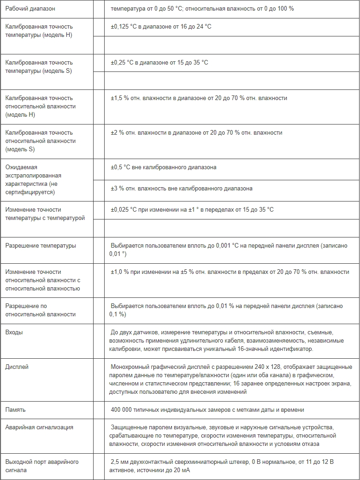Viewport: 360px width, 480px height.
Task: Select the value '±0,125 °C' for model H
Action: point(124,27)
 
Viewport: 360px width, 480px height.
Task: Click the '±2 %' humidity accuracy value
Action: point(116,133)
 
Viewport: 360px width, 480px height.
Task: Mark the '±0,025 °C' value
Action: point(124,210)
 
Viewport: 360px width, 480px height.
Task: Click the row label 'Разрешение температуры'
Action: point(41,246)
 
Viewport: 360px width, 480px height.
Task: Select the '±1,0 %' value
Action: point(119,272)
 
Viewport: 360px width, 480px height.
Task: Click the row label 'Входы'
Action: point(14,332)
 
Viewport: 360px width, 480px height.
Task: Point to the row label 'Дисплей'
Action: point(17,367)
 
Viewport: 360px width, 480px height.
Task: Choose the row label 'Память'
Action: point(15,410)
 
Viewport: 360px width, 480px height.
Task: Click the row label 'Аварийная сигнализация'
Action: point(39,427)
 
